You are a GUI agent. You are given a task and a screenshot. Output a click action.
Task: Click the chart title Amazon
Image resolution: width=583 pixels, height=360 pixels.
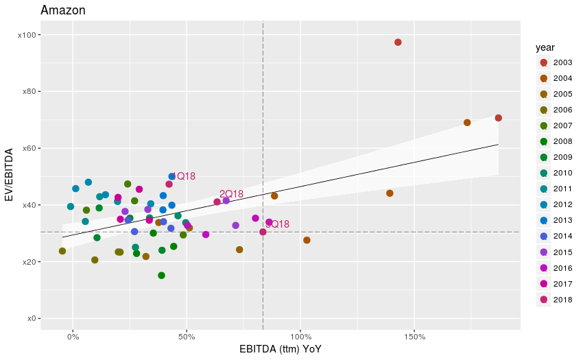point(63,10)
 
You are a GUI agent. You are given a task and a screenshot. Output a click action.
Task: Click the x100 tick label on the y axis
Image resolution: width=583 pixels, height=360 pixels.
point(28,35)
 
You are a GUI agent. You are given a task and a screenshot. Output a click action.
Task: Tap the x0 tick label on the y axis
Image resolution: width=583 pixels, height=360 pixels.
point(32,319)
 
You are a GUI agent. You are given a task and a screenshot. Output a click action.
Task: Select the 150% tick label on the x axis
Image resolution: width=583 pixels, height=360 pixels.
point(415,337)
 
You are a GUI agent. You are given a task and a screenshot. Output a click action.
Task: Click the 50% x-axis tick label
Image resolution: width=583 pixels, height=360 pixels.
point(187,337)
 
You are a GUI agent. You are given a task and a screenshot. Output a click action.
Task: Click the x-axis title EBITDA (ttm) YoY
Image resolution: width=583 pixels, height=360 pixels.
point(281,350)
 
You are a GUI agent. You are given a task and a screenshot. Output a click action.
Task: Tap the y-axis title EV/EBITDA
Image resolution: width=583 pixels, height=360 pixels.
point(10,176)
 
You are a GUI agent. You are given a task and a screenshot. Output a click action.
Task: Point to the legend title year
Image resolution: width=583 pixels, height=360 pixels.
point(545,47)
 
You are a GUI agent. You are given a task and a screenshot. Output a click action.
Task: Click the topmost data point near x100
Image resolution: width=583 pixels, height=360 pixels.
point(398,43)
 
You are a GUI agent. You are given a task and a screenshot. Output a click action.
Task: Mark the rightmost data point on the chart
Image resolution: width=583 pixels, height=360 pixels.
point(499,118)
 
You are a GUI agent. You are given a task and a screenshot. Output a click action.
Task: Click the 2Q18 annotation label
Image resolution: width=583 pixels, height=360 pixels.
point(232,194)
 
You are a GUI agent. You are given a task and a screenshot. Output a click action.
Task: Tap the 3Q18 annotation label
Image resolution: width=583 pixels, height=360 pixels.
point(277,224)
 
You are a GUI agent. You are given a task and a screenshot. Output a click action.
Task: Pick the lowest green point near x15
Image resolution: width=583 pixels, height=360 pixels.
point(161,276)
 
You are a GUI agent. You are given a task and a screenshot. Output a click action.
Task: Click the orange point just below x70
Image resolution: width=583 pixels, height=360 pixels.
point(467,123)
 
